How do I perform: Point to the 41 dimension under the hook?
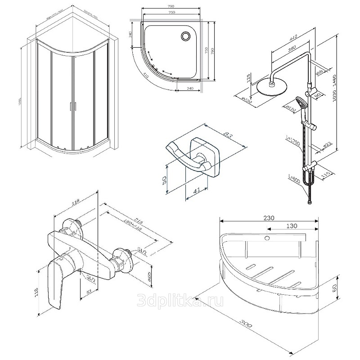point(197,190)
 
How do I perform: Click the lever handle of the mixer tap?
point(53,283)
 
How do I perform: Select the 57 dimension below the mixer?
point(90,292)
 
